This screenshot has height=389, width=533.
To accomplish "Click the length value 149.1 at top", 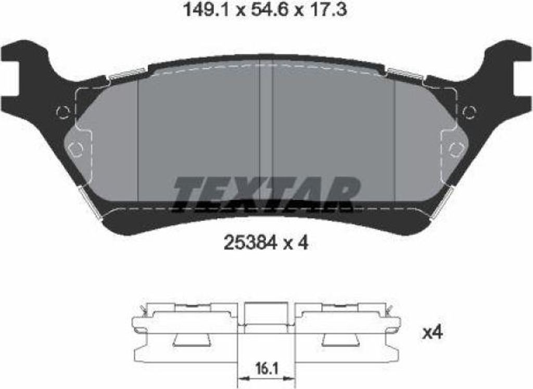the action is [x=207, y=9].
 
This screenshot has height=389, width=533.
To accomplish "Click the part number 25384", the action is [x=250, y=243].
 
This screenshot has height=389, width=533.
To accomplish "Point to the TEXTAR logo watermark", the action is [x=267, y=195].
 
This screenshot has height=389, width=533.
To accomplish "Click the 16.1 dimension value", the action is [x=266, y=368].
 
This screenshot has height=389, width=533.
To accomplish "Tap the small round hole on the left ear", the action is [x=64, y=111].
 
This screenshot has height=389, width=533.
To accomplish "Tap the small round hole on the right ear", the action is [x=470, y=111].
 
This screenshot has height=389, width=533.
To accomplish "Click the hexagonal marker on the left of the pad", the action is [x=75, y=149].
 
